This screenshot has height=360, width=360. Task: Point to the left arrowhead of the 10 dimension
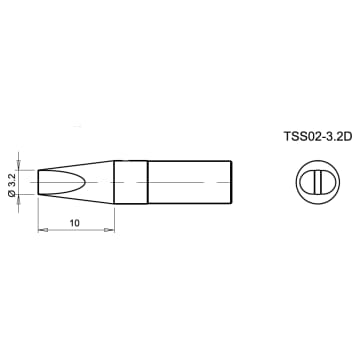coord(42,232)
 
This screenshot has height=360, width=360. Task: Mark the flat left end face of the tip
coord(39,183)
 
